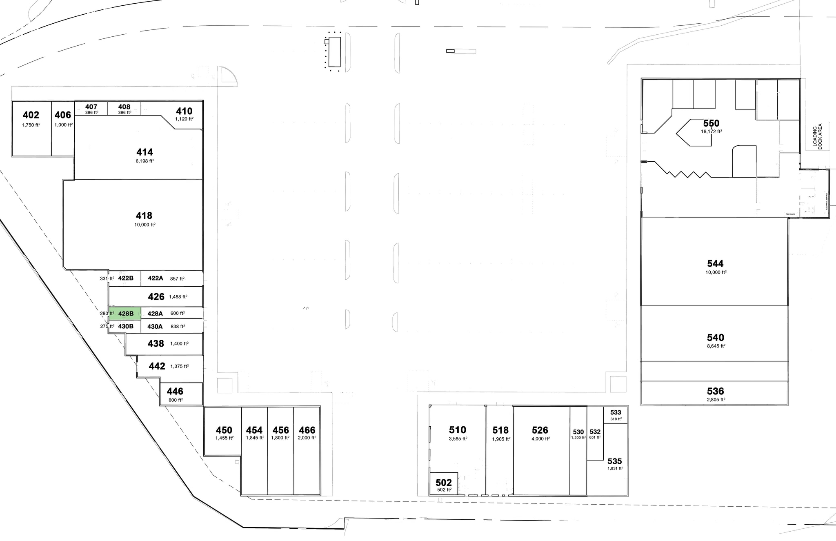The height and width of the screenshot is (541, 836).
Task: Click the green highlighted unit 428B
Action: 125,314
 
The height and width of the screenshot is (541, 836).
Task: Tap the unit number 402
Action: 31,115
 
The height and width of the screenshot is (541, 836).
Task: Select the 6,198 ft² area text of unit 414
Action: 145,161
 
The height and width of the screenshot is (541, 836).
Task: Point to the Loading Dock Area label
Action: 817,136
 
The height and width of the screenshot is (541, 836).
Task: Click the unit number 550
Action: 711,123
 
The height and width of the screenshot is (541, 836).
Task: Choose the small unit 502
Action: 444,483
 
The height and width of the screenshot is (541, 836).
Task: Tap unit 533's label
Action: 616,412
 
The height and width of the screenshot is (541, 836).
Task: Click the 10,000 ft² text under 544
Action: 716,272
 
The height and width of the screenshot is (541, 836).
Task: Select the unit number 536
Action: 715,391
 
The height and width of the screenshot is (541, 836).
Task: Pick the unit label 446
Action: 175,391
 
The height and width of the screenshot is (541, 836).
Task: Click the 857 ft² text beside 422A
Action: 177,278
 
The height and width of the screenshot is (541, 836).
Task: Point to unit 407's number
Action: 91,107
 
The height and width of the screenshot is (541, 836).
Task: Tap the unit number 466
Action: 307,430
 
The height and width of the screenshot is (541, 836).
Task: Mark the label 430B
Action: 126,326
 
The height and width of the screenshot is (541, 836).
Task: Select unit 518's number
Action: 500,430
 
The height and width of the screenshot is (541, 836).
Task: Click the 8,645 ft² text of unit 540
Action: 716,346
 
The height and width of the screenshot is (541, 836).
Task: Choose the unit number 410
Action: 184,111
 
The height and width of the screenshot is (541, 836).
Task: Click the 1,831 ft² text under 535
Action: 615,469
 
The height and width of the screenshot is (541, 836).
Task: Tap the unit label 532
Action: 595,432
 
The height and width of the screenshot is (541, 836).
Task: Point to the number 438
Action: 156,343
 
